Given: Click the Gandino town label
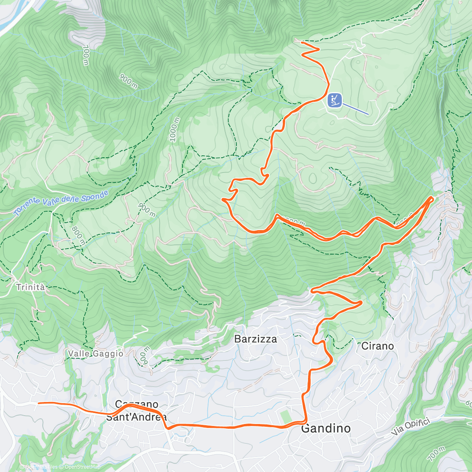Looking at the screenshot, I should (x=326, y=428).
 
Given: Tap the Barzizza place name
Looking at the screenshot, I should (x=256, y=339).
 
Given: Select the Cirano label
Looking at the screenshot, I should (x=377, y=346).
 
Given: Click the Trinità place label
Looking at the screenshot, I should (x=31, y=287).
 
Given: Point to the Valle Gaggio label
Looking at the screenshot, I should (x=96, y=354).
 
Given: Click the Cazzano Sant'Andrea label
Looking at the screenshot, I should (x=136, y=411).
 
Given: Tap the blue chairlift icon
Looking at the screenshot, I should (x=334, y=100).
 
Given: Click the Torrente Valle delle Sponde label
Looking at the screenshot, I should (x=61, y=203).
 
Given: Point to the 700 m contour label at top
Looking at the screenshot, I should (x=86, y=55).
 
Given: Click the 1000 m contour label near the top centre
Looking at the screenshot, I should (x=175, y=129).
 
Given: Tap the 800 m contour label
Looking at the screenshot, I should (x=77, y=235).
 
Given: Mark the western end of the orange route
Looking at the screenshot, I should (x=39, y=403).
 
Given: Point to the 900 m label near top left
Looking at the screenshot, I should (x=128, y=81).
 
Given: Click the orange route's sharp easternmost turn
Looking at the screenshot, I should (x=432, y=198).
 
